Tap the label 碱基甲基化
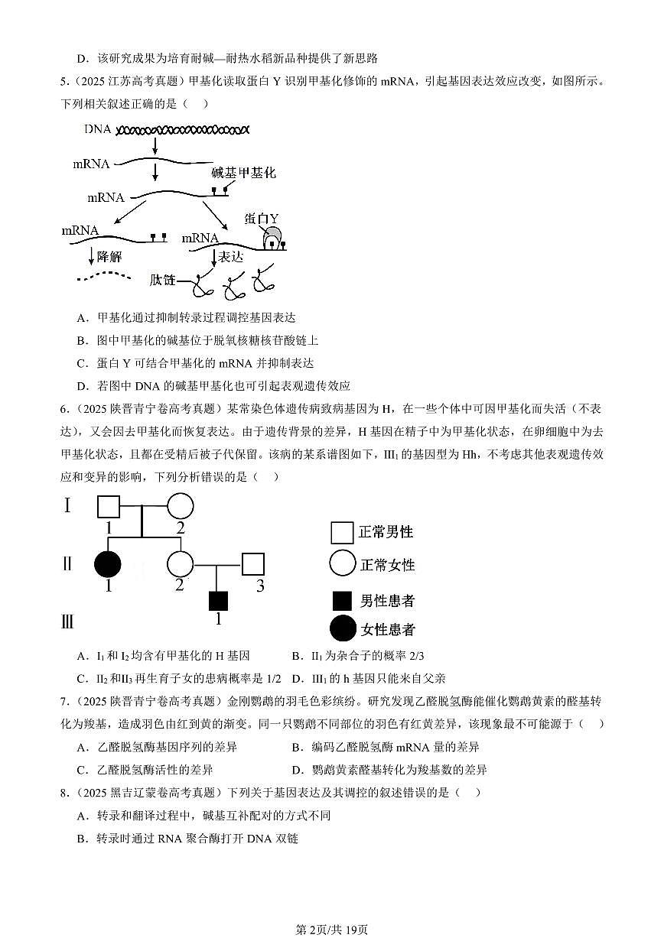(x=243, y=174)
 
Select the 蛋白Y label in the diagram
(x=262, y=219)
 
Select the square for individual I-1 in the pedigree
(x=109, y=507)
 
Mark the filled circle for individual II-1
(x=108, y=565)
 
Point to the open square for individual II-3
(x=252, y=565)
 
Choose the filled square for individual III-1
(x=218, y=601)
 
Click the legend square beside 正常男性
(x=341, y=533)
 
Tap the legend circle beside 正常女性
(x=342, y=563)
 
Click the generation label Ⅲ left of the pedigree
(x=67, y=621)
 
